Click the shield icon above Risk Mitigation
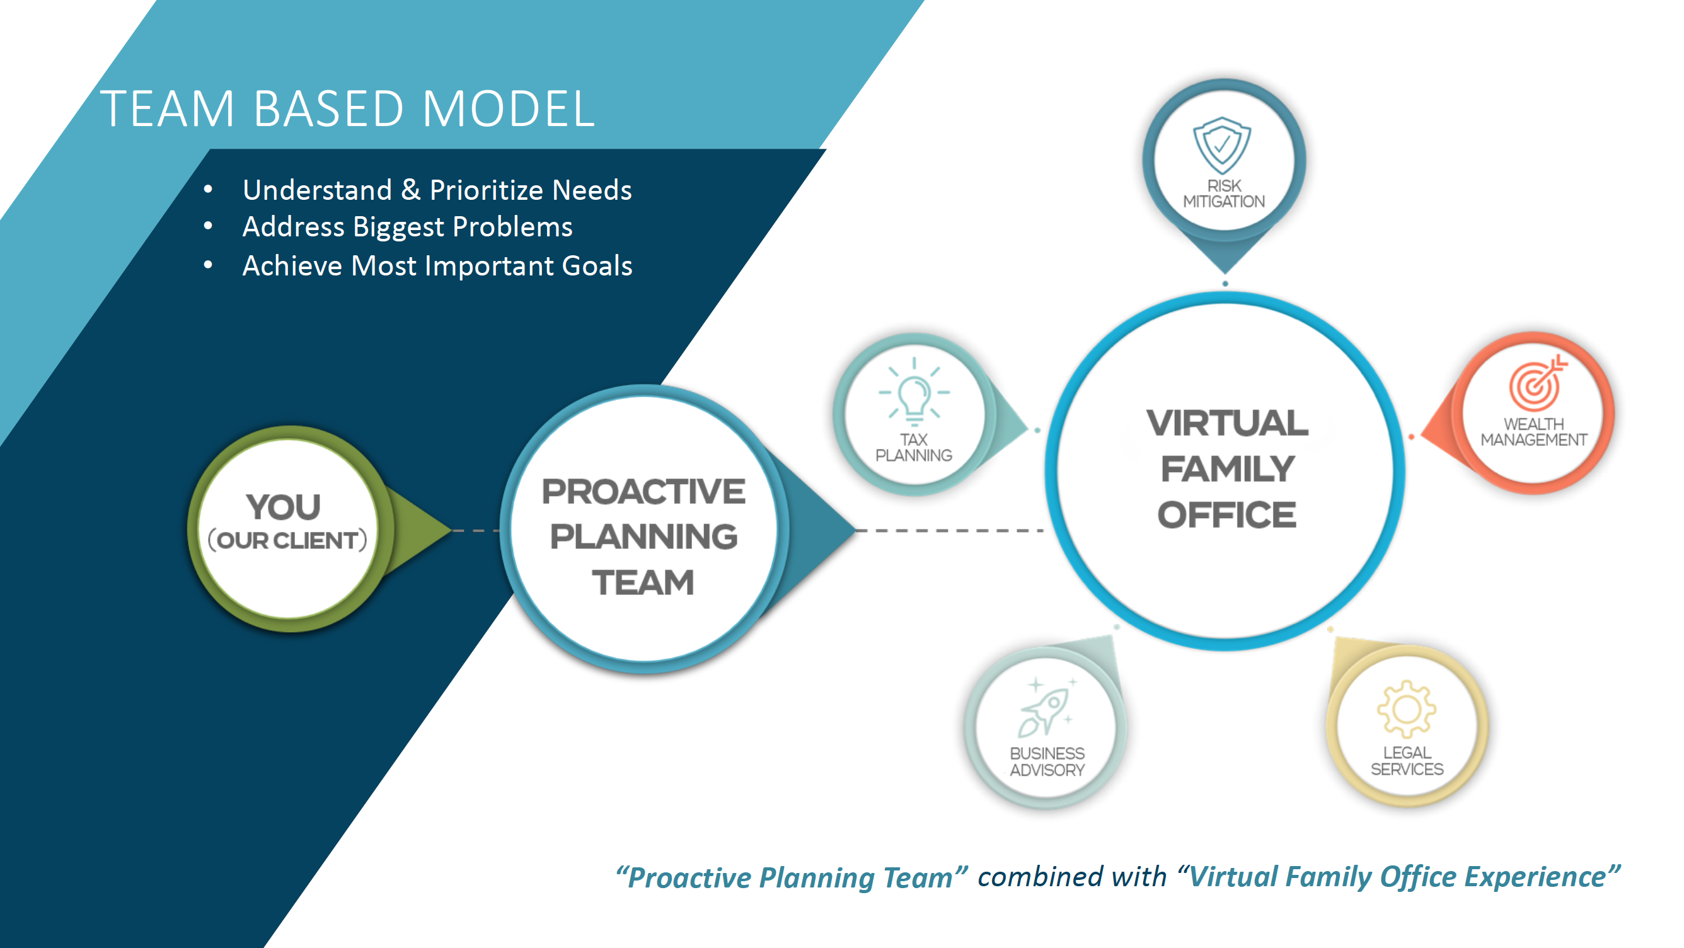click(1222, 145)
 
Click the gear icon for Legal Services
click(1406, 709)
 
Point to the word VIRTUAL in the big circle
click(1227, 423)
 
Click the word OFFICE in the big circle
click(1226, 515)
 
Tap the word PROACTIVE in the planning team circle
click(643, 492)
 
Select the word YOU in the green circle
click(284, 507)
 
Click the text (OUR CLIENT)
click(287, 541)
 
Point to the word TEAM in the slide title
click(168, 108)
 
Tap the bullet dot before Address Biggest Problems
click(209, 226)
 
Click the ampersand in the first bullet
click(410, 190)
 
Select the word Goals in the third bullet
click(597, 265)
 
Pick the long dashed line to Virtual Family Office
click(948, 530)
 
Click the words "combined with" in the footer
click(1071, 877)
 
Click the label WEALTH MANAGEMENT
click(1533, 432)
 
